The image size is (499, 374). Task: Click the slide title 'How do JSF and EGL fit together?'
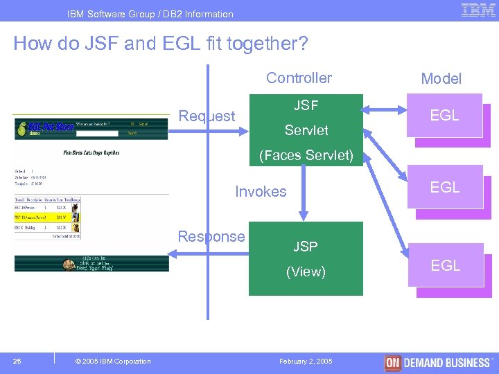[x=161, y=44]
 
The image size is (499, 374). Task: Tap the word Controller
[x=299, y=78]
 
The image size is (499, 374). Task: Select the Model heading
[x=441, y=79]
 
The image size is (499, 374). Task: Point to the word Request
[x=207, y=116]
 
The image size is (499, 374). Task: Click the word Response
[x=211, y=236]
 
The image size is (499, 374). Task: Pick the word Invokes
[x=261, y=192]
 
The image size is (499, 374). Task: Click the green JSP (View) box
[x=306, y=258]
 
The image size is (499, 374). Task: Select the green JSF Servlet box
[x=306, y=118]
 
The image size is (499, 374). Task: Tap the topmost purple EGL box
[x=445, y=116]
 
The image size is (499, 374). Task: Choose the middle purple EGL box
[x=445, y=187]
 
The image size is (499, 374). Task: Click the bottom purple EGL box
[x=445, y=265]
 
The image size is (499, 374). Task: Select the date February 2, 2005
[x=306, y=362]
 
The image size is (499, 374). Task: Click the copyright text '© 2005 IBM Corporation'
[x=112, y=362]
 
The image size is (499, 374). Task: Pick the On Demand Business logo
[x=438, y=362]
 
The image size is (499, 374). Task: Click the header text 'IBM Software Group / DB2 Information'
[x=150, y=14]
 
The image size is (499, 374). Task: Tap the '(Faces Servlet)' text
[x=306, y=156]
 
